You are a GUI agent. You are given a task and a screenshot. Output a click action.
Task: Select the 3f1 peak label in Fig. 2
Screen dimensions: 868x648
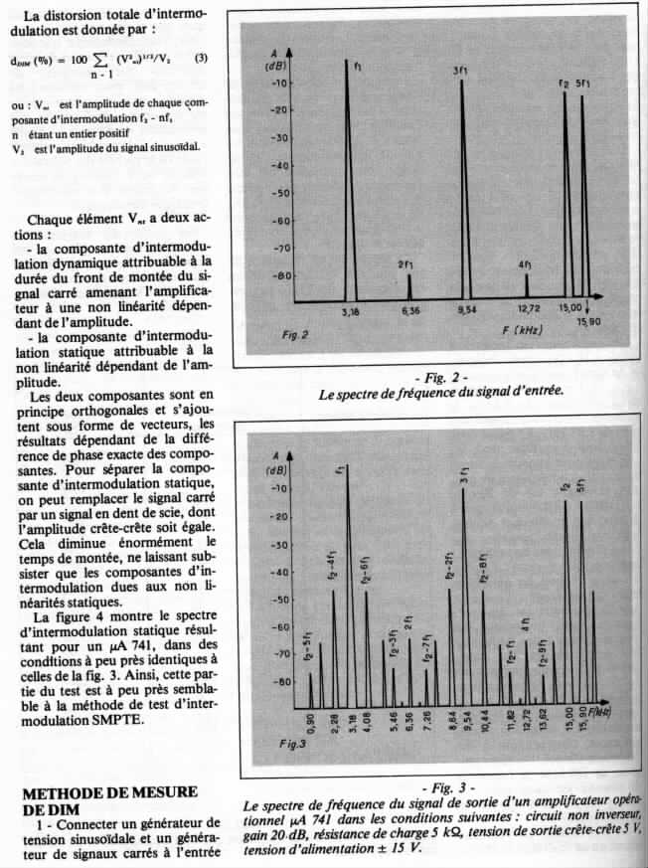pyautogui.click(x=460, y=72)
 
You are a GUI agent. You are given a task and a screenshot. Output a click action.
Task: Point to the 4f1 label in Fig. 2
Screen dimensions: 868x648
pyautogui.click(x=525, y=265)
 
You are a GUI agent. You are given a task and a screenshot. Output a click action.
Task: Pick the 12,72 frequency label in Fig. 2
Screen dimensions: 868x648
pyautogui.click(x=528, y=310)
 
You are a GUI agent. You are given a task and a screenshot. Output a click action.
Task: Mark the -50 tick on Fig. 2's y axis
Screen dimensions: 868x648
pyautogui.click(x=281, y=193)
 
